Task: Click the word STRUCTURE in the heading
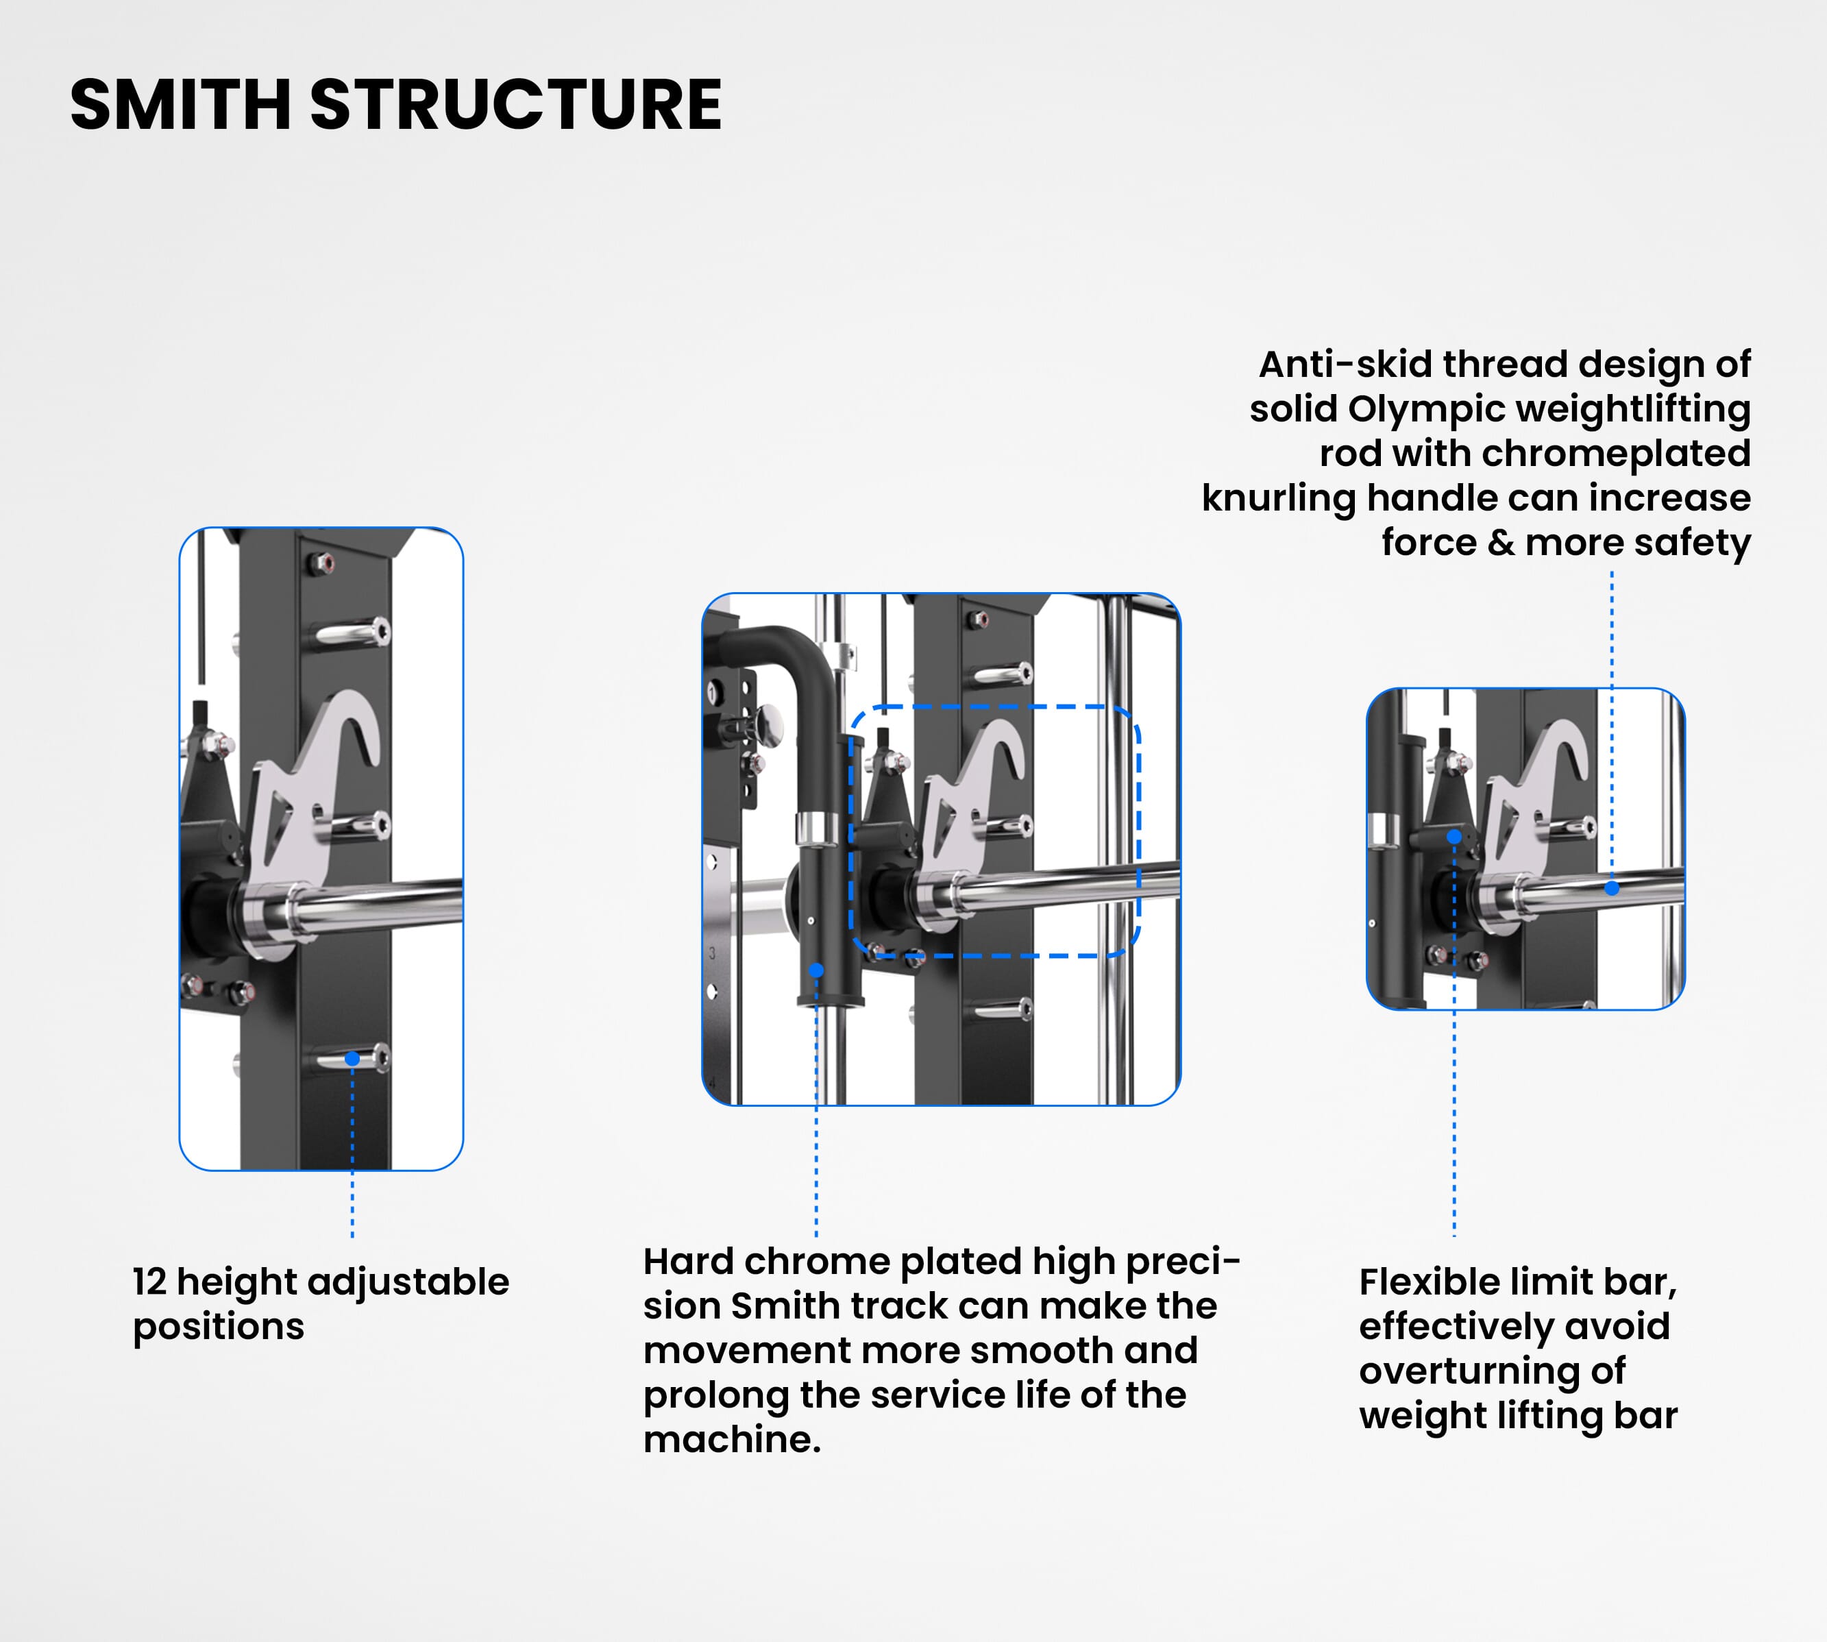click(516, 105)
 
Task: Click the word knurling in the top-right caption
click(1277, 498)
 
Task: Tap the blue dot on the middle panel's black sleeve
click(816, 970)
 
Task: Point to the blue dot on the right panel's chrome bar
click(1613, 887)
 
